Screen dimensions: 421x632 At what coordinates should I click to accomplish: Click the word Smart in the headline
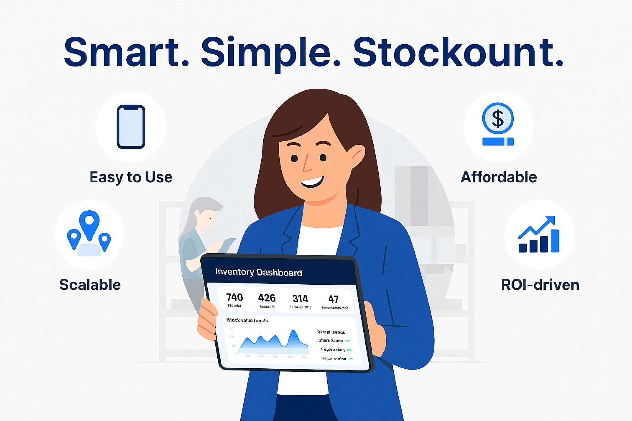point(126,53)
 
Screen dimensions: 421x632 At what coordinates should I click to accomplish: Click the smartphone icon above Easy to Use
point(131,127)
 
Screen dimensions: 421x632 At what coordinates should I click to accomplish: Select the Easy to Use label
point(131,177)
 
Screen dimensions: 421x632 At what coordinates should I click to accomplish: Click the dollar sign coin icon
point(498,118)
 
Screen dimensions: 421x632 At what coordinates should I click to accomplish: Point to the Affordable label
point(499,177)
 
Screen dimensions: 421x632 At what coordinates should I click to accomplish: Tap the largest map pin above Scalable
point(89,224)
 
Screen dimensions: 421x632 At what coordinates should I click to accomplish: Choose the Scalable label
point(90,285)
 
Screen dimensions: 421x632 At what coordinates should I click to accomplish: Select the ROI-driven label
point(540,285)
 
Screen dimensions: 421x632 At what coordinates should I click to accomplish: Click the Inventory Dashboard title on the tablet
point(258,272)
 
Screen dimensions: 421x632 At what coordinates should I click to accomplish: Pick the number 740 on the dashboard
point(234,297)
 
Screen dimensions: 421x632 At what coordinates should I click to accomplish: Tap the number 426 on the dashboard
point(267,298)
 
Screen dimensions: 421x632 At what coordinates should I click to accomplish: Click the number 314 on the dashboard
point(300,299)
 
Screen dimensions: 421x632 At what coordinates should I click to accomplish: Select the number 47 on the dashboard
point(333,299)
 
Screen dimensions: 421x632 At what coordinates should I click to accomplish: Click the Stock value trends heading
point(248,320)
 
